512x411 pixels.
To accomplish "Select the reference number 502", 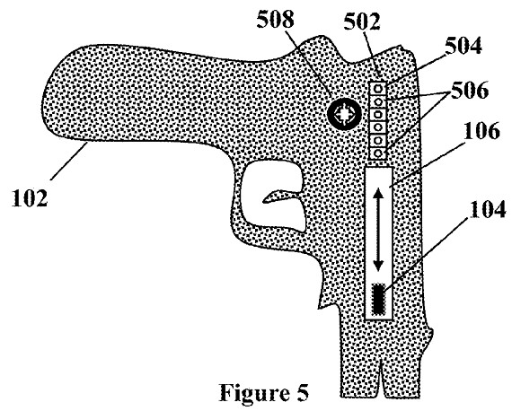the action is pos(362,22).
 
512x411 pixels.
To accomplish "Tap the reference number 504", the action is pos(463,46).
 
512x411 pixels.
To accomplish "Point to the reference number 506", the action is pos(470,90).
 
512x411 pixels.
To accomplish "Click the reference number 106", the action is pos(481,131).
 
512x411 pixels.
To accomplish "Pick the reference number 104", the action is pos(488,209).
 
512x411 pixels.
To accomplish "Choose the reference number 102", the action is pos(30,198).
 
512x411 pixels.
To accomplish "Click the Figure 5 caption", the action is pos(264,392).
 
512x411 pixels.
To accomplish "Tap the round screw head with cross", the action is pos(344,113).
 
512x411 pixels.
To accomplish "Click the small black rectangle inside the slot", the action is pos(378,299).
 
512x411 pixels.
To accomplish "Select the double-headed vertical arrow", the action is pos(378,230).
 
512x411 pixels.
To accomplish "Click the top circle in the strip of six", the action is pos(378,88).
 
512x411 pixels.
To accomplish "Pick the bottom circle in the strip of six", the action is pos(378,153).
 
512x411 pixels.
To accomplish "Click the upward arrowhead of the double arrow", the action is pos(378,194).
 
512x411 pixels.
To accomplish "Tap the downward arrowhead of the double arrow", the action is pos(378,266).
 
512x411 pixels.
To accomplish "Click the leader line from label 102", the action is pos(69,162).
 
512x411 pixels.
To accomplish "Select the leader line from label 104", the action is pos(427,254).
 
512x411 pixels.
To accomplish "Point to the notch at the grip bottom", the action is pos(381,379).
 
